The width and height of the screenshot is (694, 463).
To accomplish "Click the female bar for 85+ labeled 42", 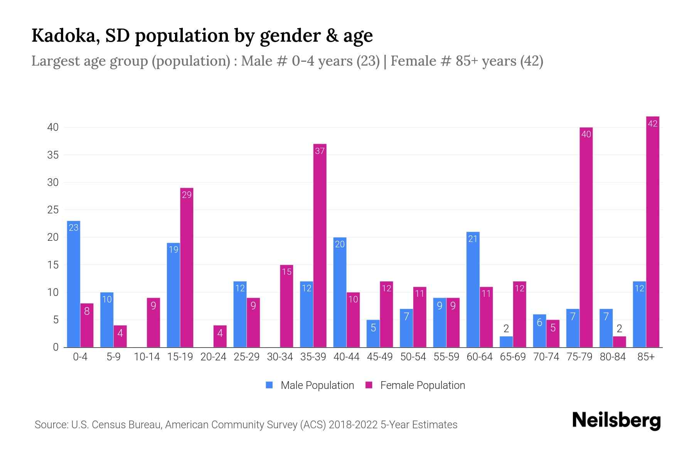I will coord(652,231).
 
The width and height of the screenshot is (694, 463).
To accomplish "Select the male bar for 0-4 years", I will coord(74,284).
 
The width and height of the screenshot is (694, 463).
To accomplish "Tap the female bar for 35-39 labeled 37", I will coord(320,246).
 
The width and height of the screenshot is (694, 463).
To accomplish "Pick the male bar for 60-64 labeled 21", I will coord(473,289).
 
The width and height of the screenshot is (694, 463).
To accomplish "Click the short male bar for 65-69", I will coord(506,342).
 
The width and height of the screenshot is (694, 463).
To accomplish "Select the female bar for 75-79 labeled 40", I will coord(586,237).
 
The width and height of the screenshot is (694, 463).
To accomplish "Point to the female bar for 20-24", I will coord(220,336).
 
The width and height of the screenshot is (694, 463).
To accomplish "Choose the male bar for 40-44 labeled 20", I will coord(340,292).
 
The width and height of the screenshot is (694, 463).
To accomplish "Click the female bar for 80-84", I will coord(619,342).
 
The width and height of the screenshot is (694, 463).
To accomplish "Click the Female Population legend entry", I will coord(415,385).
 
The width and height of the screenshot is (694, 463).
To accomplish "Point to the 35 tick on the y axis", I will coord(53,155).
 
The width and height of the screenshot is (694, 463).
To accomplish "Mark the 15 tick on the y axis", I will coord(53,265).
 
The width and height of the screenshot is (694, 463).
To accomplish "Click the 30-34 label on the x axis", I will coord(280,357).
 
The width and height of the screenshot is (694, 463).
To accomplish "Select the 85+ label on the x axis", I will coord(646,357).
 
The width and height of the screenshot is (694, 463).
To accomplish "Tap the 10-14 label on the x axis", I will coord(147,357).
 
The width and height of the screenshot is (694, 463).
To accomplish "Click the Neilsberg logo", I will coord(617,421).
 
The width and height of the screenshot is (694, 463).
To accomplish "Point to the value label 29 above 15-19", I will coord(187,195).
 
